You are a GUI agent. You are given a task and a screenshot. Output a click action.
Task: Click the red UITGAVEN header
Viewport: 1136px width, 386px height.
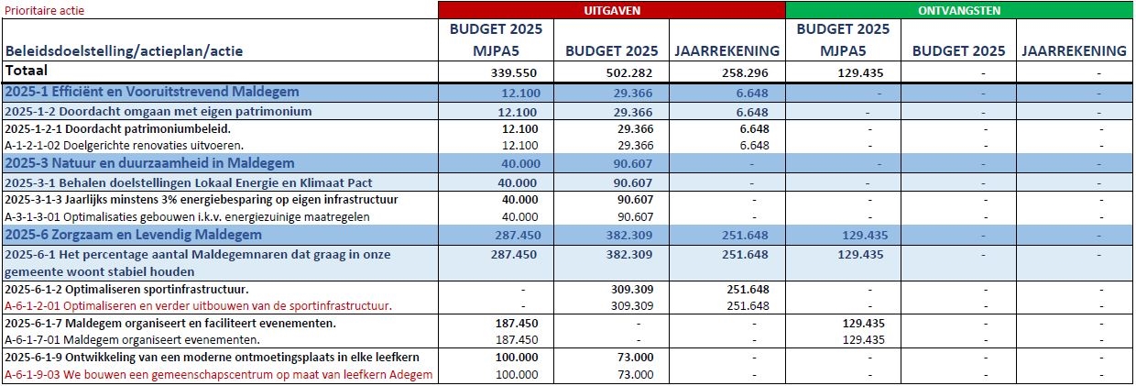[x=612, y=10]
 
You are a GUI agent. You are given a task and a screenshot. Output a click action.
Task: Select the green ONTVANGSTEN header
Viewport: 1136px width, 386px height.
[x=959, y=10]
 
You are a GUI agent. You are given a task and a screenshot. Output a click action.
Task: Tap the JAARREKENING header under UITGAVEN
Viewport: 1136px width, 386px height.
[x=728, y=51]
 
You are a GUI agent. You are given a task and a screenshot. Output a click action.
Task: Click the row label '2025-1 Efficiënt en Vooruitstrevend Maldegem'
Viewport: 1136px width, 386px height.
[x=152, y=92]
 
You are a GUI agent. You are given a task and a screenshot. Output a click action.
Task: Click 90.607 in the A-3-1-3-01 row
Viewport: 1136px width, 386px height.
[x=634, y=216]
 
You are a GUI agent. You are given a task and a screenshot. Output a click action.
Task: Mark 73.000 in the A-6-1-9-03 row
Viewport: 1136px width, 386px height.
[x=634, y=374]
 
